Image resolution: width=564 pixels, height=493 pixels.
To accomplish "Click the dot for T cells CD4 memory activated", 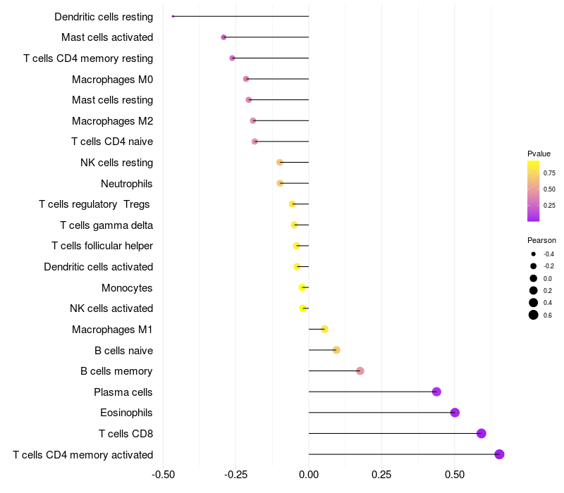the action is (499, 454).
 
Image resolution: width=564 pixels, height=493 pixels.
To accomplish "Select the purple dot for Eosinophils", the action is (455, 413).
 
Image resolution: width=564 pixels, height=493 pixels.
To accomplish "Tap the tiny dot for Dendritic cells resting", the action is (173, 16).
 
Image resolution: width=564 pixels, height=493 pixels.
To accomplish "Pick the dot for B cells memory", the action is (360, 371).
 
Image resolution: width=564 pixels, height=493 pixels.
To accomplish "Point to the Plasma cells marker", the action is (436, 392).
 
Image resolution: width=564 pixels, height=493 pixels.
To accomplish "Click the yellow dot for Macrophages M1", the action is (324, 329).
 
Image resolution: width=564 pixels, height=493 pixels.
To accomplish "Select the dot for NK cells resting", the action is (279, 163).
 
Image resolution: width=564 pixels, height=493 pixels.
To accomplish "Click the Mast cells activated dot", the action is (223, 37).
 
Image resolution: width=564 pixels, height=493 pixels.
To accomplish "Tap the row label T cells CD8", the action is (126, 434).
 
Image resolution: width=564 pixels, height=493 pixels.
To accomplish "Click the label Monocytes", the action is (127, 288).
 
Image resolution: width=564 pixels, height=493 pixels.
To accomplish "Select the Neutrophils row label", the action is (127, 184).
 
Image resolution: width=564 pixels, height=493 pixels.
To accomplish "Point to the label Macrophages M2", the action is (113, 121).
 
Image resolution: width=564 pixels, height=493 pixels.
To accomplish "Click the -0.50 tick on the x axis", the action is (164, 475).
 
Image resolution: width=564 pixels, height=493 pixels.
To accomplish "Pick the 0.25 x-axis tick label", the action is (381, 475).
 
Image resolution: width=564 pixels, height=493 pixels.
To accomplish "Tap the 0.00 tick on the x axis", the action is (309, 475).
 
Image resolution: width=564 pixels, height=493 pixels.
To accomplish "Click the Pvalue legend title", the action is (539, 154).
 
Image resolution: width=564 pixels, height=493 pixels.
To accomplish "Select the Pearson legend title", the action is (541, 240).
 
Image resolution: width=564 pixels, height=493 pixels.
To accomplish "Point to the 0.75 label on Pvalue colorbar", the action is (549, 173).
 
